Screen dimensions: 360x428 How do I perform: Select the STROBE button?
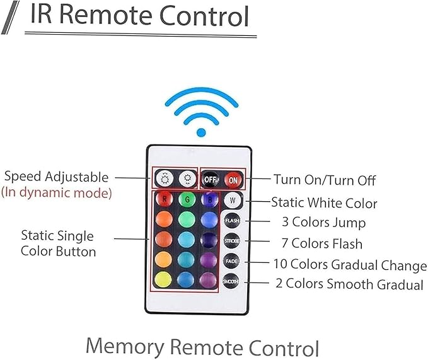pyautogui.click(x=232, y=241)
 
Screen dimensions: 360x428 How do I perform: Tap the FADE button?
pyautogui.click(x=232, y=261)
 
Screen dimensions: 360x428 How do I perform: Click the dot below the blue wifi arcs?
pyautogui.click(x=201, y=132)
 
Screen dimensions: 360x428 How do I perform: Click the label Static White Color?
pyautogui.click(x=324, y=203)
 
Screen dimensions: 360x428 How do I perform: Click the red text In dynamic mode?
pyautogui.click(x=56, y=193)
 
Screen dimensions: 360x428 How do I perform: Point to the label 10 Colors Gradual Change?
pyautogui.click(x=349, y=265)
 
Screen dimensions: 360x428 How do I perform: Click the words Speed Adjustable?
pyautogui.click(x=55, y=177)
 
